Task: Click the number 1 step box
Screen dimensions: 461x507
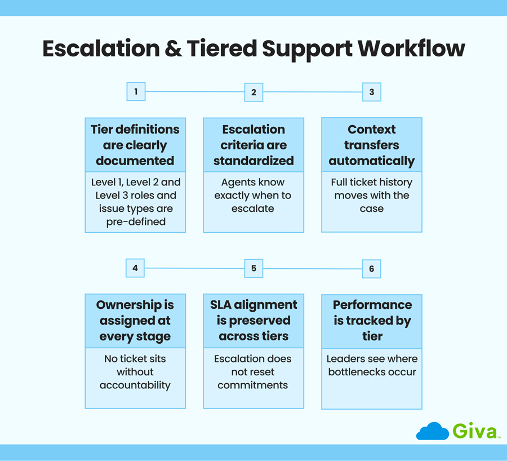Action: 136,91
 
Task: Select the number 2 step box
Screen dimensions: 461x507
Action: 253,92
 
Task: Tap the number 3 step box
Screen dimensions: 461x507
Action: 371,92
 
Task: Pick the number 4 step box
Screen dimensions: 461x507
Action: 135,268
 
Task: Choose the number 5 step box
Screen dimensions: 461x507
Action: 253,269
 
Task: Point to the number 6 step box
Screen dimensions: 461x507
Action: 371,269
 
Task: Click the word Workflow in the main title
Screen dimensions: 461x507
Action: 411,49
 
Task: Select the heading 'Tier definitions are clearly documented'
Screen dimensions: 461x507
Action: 135,145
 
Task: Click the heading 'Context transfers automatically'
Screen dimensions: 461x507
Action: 371,145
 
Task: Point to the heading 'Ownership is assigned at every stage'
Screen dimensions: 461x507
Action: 135,321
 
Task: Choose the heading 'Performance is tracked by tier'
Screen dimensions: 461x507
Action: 372,321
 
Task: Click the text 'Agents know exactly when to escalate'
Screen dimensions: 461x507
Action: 253,195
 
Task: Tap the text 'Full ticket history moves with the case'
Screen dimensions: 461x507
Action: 371,195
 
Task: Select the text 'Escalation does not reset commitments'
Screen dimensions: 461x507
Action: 253,372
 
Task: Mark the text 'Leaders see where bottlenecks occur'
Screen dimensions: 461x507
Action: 372,365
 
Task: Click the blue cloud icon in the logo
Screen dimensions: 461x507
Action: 432,431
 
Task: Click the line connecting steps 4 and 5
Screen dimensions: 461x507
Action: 194,268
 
